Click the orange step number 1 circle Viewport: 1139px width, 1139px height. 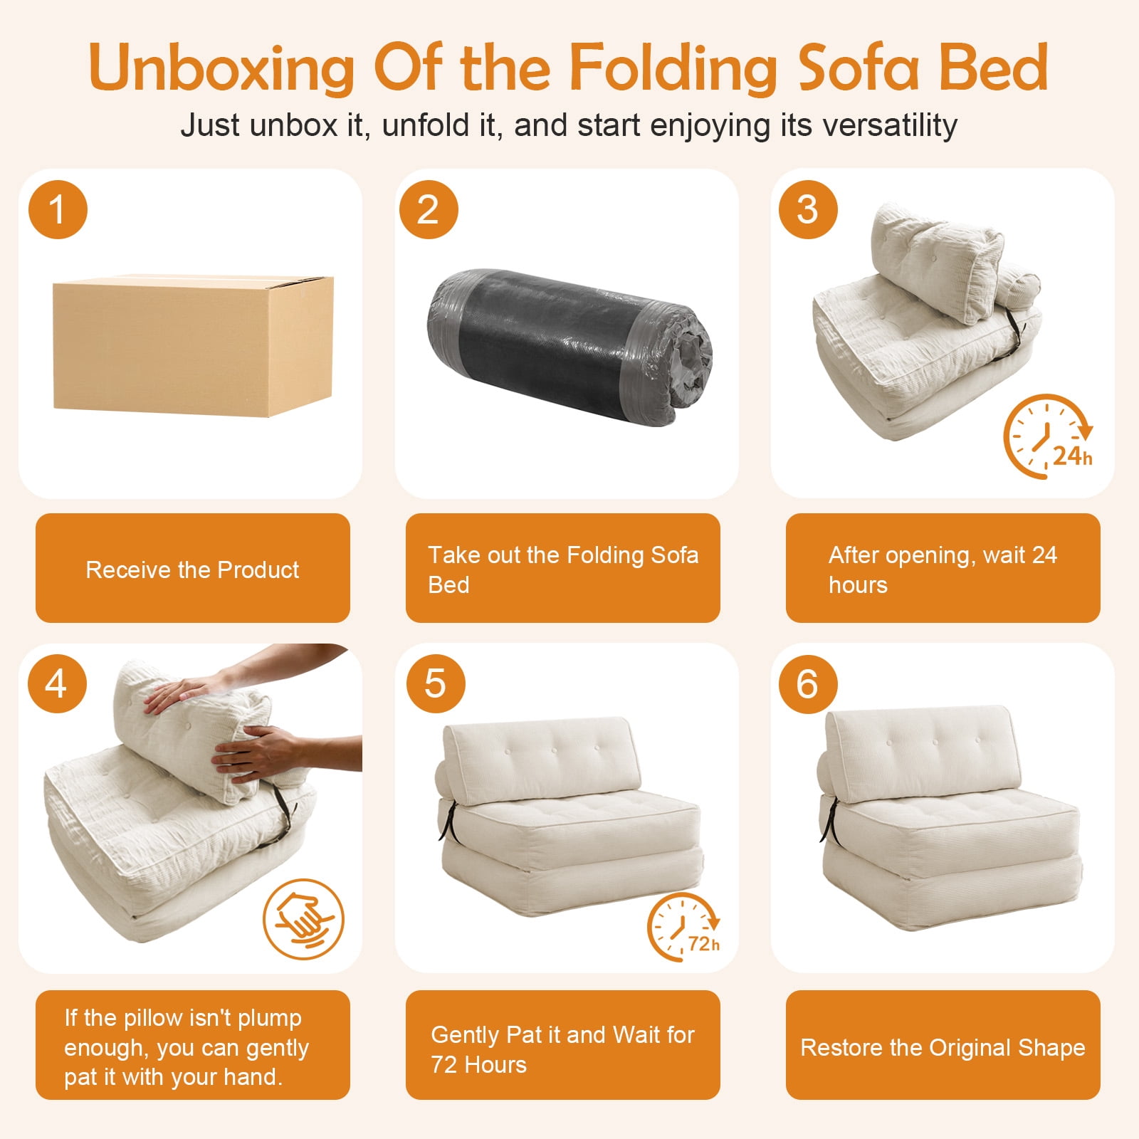pyautogui.click(x=58, y=210)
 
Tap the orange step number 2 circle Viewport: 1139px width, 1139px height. pyautogui.click(x=428, y=210)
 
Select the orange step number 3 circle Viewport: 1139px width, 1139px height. pyautogui.click(x=808, y=210)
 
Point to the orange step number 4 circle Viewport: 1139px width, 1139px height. pyautogui.click(x=58, y=684)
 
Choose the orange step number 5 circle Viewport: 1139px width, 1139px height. pyautogui.click(x=436, y=684)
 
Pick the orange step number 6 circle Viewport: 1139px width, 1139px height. pyautogui.click(x=808, y=684)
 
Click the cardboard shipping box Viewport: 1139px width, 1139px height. pyautogui.click(x=193, y=345)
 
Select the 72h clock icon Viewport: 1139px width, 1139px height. pyautogui.click(x=683, y=927)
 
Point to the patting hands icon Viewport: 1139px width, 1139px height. pyautogui.click(x=303, y=919)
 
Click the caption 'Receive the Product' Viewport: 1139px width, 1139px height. pyautogui.click(x=192, y=569)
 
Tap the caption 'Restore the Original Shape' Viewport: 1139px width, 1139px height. pyautogui.click(x=943, y=1048)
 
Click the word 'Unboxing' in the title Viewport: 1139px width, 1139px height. pyautogui.click(x=221, y=68)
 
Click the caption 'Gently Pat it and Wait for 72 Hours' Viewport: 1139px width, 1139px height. pyautogui.click(x=562, y=1049)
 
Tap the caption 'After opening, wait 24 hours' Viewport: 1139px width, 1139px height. pyautogui.click(x=943, y=569)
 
